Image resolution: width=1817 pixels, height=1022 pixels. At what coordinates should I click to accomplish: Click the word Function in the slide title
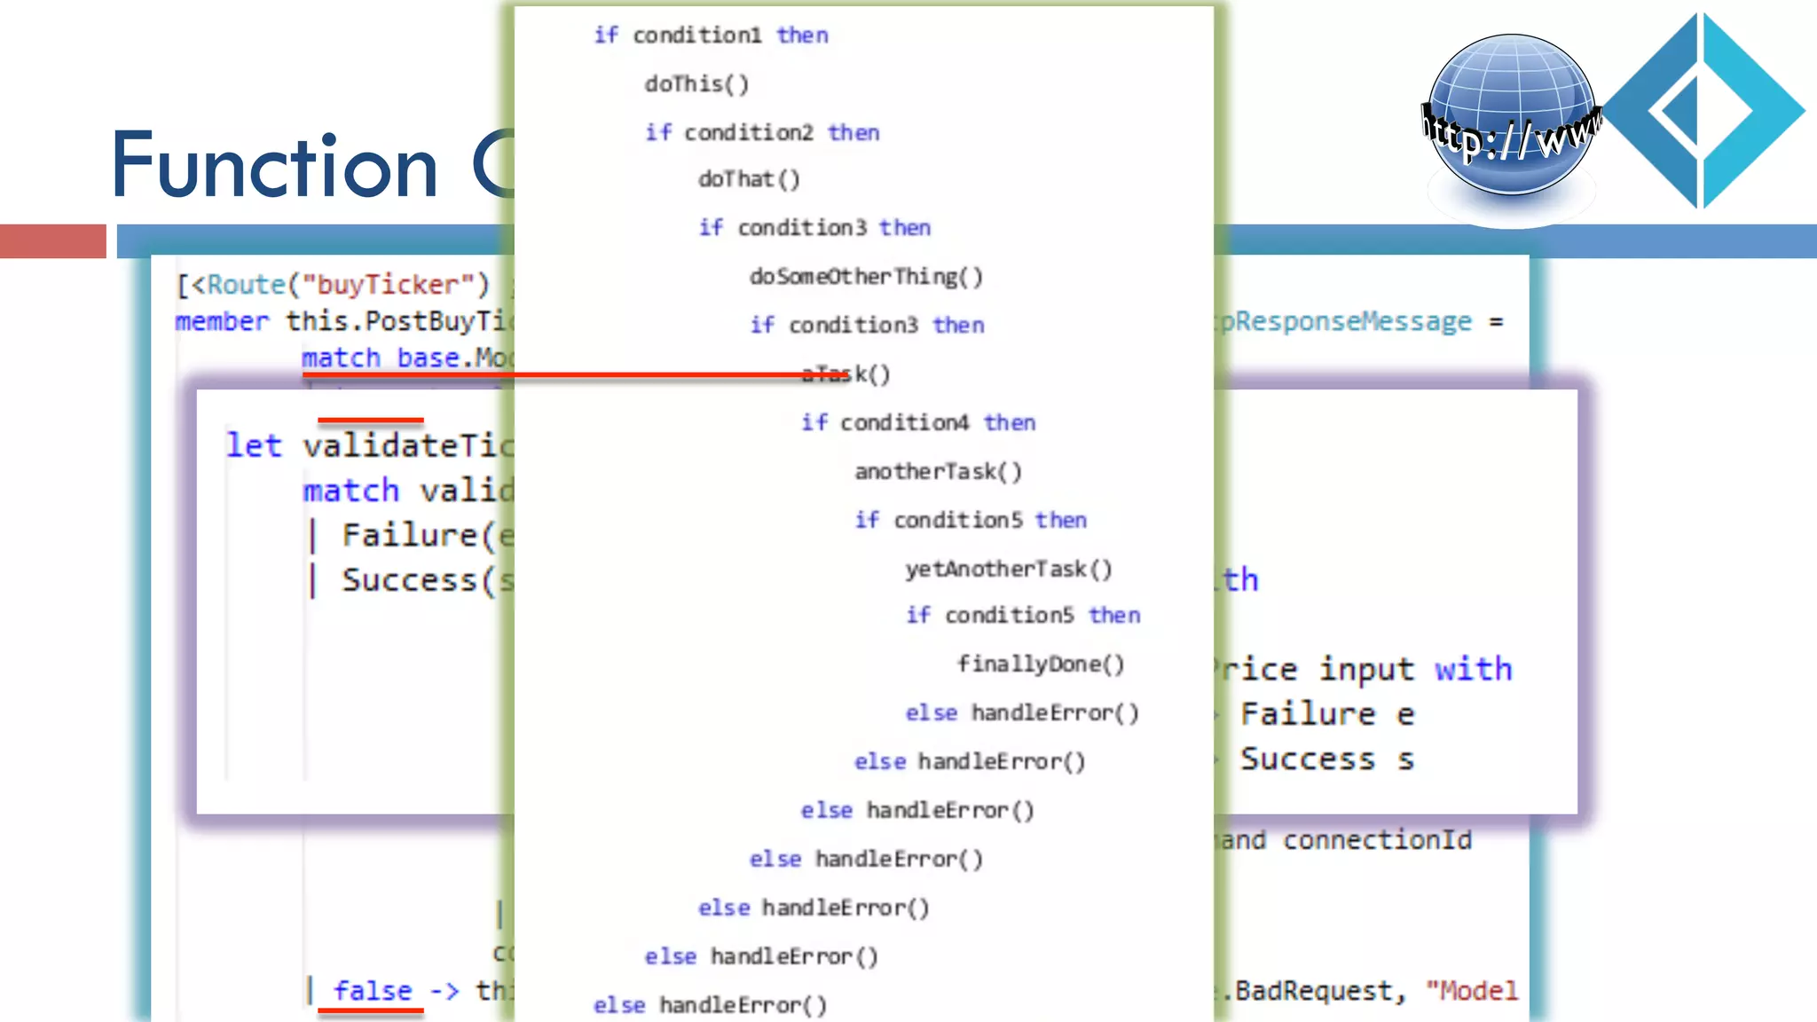pyautogui.click(x=275, y=166)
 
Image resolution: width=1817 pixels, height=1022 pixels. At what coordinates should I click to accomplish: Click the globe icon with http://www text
pyautogui.click(x=1511, y=115)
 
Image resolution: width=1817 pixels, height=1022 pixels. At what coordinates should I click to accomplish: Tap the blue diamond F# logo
pyautogui.click(x=1704, y=111)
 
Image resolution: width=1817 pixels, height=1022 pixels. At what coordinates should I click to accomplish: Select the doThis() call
pyautogui.click(x=696, y=84)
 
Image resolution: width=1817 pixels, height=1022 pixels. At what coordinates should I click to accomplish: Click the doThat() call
pyautogui.click(x=749, y=179)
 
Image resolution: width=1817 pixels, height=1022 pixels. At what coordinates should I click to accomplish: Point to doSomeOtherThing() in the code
pyautogui.click(x=866, y=277)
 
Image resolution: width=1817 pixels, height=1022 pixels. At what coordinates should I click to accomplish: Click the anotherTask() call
pyautogui.click(x=938, y=472)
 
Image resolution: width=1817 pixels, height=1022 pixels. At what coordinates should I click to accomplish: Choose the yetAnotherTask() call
pyautogui.click(x=1008, y=569)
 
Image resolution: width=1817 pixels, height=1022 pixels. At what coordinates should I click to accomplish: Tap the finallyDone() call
pyautogui.click(x=1040, y=664)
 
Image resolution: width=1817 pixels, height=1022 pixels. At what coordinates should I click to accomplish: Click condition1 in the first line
pyautogui.click(x=696, y=35)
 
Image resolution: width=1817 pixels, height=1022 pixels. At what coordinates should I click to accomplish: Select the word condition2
pyautogui.click(x=748, y=133)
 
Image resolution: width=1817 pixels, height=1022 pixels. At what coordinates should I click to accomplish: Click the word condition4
pyautogui.click(x=904, y=423)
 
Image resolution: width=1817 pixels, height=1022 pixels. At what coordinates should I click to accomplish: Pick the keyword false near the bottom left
pyautogui.click(x=373, y=990)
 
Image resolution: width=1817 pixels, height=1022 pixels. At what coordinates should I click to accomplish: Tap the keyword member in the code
pyautogui.click(x=222, y=321)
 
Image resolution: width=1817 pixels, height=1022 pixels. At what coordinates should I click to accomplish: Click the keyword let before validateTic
pyautogui.click(x=254, y=445)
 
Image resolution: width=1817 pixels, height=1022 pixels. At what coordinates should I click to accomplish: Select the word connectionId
pyautogui.click(x=1377, y=840)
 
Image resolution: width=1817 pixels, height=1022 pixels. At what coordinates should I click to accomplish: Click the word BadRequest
pyautogui.click(x=1313, y=991)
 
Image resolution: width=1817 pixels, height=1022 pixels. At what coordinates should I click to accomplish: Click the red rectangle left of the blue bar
pyautogui.click(x=53, y=241)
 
